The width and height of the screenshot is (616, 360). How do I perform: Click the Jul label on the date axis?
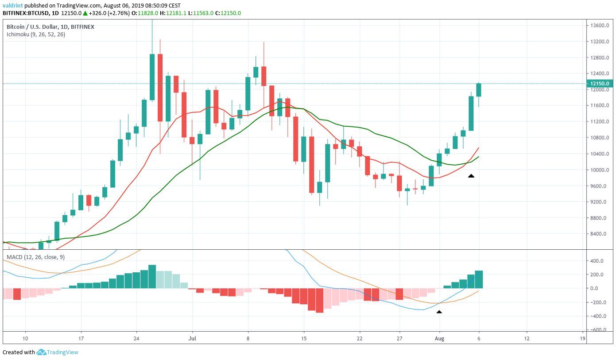[x=192, y=338]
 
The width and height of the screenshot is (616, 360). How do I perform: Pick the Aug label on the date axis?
[x=440, y=338]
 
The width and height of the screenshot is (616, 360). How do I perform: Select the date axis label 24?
[x=137, y=338]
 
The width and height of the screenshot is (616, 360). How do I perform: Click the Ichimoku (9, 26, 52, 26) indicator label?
[x=36, y=35]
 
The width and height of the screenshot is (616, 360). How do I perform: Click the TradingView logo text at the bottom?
[x=62, y=352]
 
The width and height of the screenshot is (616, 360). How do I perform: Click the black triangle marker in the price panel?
[x=471, y=176]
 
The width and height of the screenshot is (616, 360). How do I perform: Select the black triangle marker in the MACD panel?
[x=439, y=312]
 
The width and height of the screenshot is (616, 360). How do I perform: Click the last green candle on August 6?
[x=479, y=90]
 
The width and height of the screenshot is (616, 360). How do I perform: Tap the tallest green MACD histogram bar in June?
[x=152, y=277]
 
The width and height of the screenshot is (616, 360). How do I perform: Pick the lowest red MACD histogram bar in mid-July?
[x=319, y=301]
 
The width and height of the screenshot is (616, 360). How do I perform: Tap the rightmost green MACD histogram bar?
[x=479, y=279]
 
